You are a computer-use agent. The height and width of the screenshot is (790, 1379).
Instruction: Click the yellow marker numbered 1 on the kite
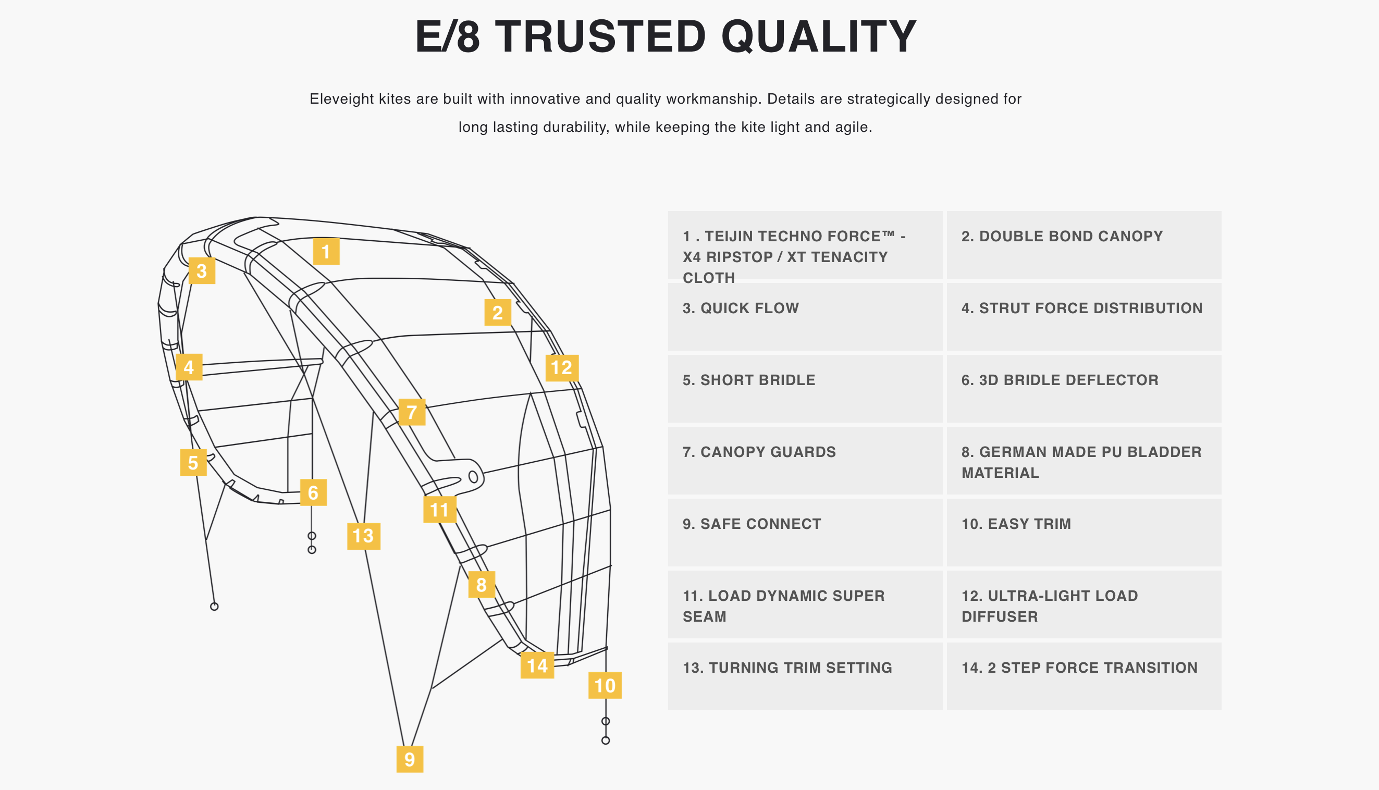pyautogui.click(x=326, y=251)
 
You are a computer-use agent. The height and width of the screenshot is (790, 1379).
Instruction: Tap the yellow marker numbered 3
pyautogui.click(x=202, y=271)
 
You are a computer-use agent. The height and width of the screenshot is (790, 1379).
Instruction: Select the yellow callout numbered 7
pyautogui.click(x=412, y=412)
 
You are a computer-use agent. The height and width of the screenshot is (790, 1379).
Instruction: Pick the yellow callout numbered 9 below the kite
pyautogui.click(x=410, y=759)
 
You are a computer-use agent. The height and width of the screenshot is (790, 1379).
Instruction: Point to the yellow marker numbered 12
pyautogui.click(x=562, y=368)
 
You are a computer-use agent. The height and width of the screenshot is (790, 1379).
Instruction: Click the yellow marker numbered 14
pyautogui.click(x=537, y=665)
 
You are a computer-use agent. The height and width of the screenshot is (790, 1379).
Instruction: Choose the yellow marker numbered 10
pyautogui.click(x=605, y=685)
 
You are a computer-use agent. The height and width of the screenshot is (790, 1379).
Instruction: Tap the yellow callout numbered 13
pyautogui.click(x=363, y=536)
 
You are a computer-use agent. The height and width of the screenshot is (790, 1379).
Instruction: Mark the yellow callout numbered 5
pyautogui.click(x=193, y=462)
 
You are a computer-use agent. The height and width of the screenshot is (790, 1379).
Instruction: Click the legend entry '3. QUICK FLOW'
pyautogui.click(x=741, y=308)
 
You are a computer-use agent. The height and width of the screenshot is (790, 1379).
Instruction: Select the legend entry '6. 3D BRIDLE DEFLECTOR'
pyautogui.click(x=1060, y=380)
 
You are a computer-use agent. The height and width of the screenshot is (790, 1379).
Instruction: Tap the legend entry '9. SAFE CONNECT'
pyautogui.click(x=752, y=524)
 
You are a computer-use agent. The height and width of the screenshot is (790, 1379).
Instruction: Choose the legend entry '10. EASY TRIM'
pyautogui.click(x=1016, y=524)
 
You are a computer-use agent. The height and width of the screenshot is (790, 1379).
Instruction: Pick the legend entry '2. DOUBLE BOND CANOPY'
pyautogui.click(x=1062, y=236)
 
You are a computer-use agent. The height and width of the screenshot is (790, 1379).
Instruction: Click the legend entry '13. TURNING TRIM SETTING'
pyautogui.click(x=787, y=668)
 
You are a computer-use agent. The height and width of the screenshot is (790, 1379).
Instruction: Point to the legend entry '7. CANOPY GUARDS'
pyautogui.click(x=759, y=452)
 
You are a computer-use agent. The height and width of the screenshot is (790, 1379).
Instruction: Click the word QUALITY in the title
pyautogui.click(x=819, y=36)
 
